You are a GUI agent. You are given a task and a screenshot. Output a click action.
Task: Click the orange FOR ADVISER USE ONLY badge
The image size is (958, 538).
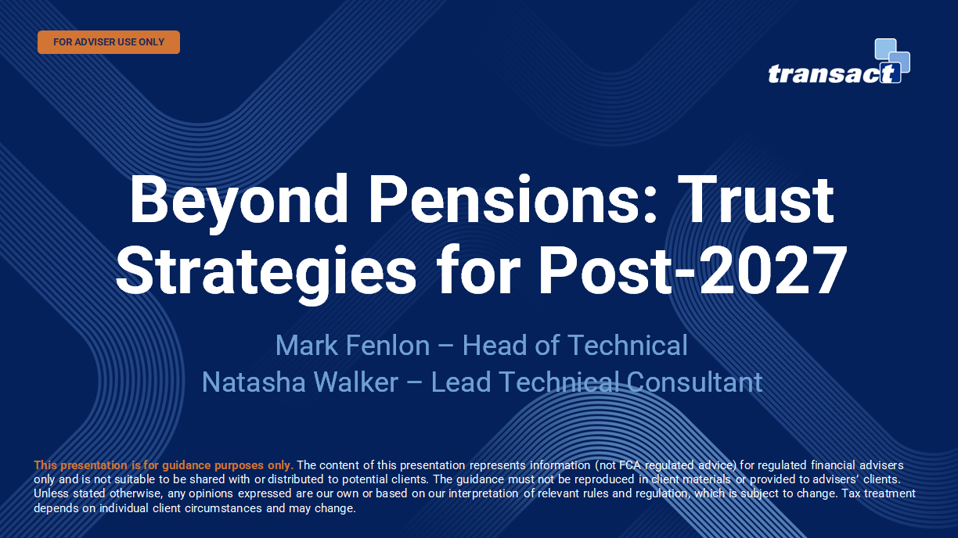point(109,42)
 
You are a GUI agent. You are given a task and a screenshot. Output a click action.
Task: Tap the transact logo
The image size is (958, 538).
point(839,61)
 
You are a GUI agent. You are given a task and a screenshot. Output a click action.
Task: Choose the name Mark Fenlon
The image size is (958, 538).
point(353,346)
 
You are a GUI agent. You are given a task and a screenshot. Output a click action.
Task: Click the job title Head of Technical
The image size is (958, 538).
point(575,346)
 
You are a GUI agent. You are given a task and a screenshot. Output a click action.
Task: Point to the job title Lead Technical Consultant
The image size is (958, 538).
point(596,382)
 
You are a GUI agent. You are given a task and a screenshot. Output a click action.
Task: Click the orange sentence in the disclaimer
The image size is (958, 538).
point(164,465)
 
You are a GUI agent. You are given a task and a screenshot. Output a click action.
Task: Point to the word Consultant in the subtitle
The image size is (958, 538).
point(694,382)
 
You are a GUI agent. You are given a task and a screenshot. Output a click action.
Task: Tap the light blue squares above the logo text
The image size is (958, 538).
point(892,55)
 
